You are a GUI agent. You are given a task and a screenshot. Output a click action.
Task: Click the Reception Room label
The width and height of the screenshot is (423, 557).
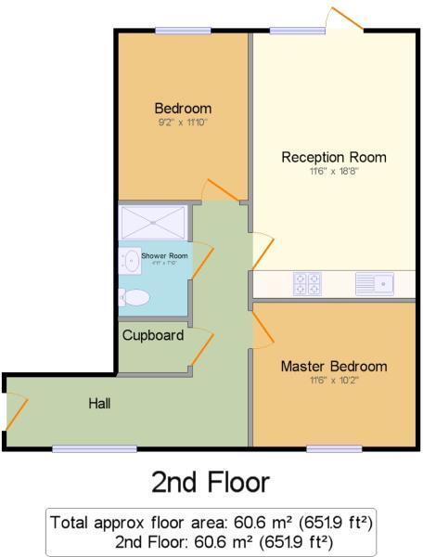[334, 157]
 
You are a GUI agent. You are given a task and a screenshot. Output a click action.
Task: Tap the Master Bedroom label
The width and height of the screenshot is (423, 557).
[334, 366]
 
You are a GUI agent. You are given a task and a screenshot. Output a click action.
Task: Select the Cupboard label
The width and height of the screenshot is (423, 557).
[153, 335]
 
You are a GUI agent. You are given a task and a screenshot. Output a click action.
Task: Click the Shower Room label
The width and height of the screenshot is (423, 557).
[165, 256]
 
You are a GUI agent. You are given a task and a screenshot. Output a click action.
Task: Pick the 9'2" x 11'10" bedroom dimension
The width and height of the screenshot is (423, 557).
[183, 122]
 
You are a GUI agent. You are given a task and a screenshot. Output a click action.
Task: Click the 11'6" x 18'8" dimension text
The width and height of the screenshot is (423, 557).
[334, 171]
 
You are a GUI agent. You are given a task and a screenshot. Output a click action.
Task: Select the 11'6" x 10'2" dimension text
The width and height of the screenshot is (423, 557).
[334, 380]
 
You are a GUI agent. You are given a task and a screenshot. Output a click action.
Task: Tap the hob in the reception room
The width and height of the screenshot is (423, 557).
[307, 282]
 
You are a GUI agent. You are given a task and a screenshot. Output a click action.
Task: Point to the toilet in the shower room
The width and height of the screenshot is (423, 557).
[135, 298]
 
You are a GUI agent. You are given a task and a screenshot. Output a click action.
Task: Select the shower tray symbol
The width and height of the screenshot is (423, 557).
[154, 223]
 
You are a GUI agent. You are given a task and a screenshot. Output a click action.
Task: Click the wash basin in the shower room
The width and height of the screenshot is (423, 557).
[129, 259]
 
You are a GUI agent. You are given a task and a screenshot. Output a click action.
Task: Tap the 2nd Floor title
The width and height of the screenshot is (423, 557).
[211, 482]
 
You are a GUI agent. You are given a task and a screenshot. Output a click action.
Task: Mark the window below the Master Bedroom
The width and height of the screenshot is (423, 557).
[334, 449]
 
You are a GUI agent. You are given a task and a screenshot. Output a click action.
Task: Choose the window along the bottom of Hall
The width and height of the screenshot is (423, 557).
[96, 449]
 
